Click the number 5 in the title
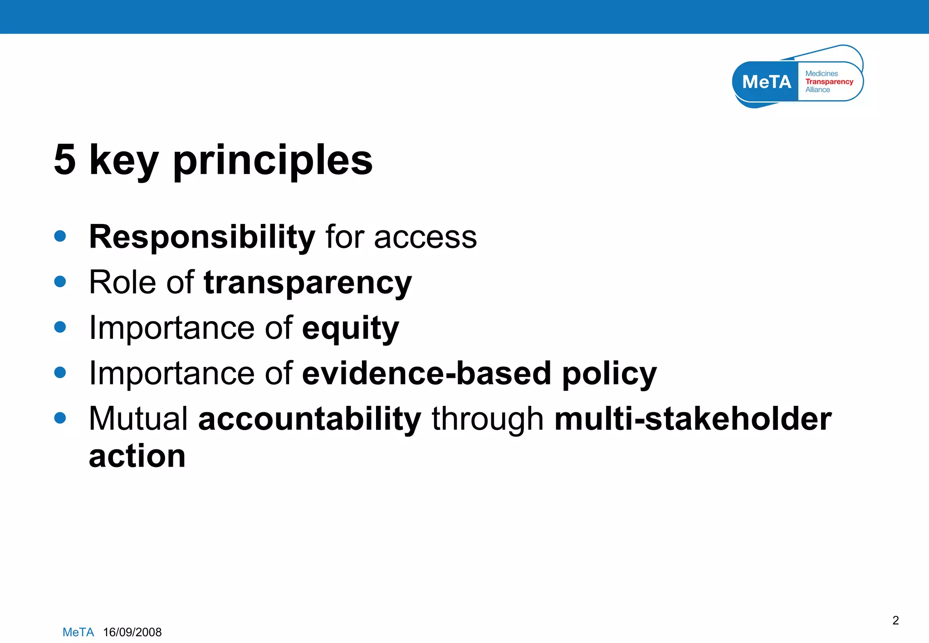click(x=64, y=160)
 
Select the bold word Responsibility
click(x=202, y=237)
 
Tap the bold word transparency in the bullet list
click(x=308, y=283)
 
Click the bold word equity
click(x=350, y=328)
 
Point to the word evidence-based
click(x=426, y=373)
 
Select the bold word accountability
click(x=310, y=419)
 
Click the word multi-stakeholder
click(x=693, y=419)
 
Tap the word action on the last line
click(x=137, y=456)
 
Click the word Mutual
click(x=138, y=419)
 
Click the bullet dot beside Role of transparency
click(x=60, y=282)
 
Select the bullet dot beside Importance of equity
click(x=60, y=327)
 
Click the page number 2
click(x=895, y=620)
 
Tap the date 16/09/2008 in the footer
click(x=132, y=632)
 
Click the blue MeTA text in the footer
click(x=78, y=632)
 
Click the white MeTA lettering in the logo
click(x=766, y=82)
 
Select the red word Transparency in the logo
click(x=829, y=82)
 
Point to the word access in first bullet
click(x=425, y=237)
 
